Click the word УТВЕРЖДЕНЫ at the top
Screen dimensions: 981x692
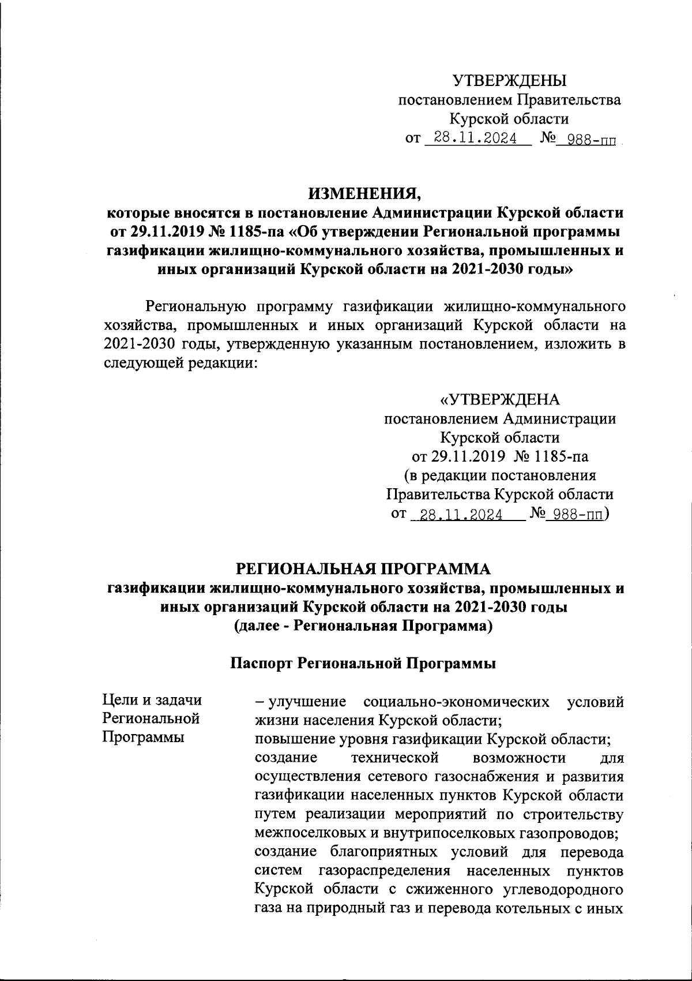pyautogui.click(x=509, y=80)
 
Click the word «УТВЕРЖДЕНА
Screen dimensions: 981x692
pyautogui.click(x=499, y=399)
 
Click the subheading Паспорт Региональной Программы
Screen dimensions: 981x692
pyautogui.click(x=363, y=664)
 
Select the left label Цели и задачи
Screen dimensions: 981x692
pyautogui.click(x=152, y=700)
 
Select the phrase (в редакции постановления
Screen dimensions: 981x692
pyautogui.click(x=499, y=476)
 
